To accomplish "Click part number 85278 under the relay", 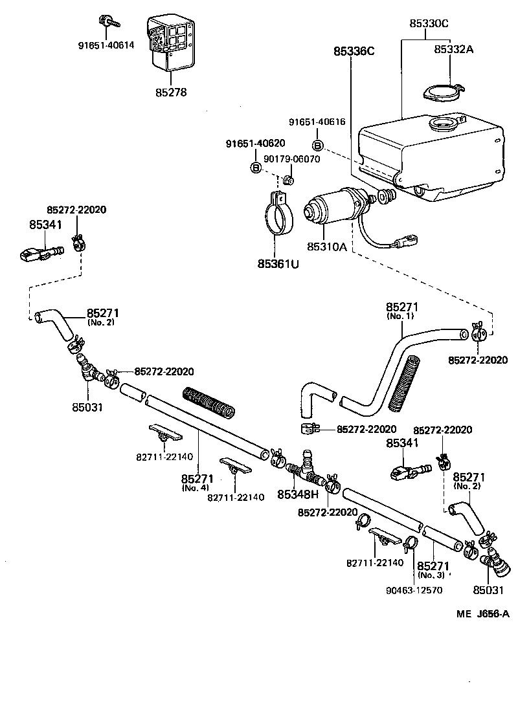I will click(x=171, y=93).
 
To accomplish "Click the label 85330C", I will click(x=429, y=23).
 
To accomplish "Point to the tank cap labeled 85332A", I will click(x=444, y=92).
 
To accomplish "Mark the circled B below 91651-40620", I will click(x=256, y=168).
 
